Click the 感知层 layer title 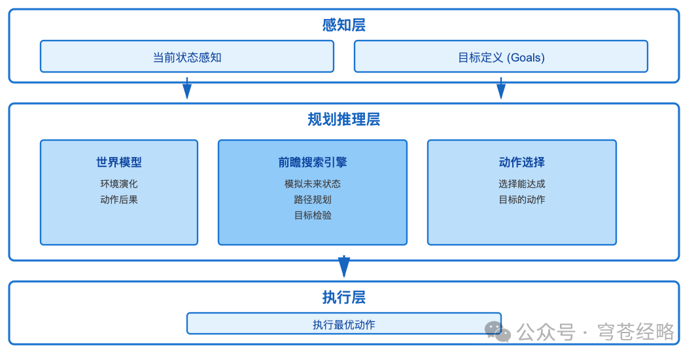(x=343, y=25)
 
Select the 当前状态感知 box (x=187, y=57)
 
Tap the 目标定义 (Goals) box (x=501, y=57)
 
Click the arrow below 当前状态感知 (x=187, y=88)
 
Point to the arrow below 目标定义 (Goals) (x=501, y=88)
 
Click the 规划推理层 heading (x=343, y=119)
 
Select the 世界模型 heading (x=119, y=162)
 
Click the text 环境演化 (x=119, y=184)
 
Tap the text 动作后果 (x=119, y=200)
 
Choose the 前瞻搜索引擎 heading (x=313, y=162)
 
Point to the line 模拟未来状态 (x=313, y=184)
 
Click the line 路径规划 (x=313, y=200)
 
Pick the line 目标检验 (x=313, y=215)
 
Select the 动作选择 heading (x=522, y=162)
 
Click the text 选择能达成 (x=522, y=184)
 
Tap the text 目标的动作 (x=522, y=200)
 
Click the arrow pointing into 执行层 (x=344, y=266)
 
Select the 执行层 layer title (x=343, y=297)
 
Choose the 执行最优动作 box (x=344, y=324)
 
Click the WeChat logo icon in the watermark (x=497, y=331)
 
